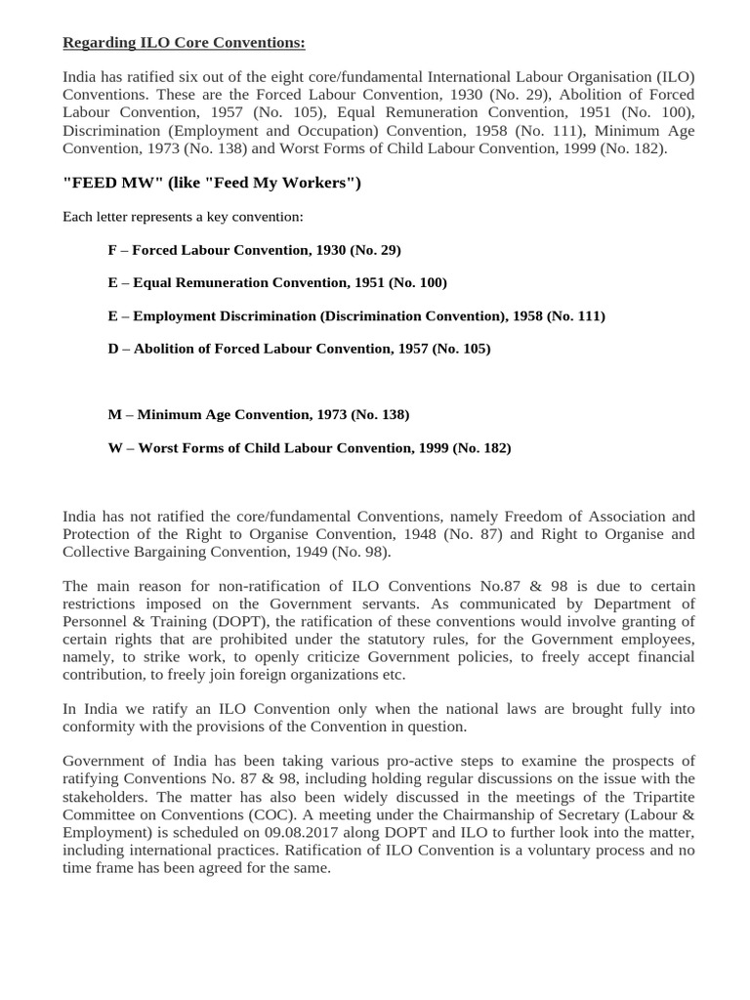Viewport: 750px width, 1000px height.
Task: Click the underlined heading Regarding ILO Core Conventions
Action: (184, 42)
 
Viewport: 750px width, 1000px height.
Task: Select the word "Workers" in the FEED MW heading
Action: (312, 183)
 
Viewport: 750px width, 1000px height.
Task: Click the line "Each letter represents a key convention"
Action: (183, 216)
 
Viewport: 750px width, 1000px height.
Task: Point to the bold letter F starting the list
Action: (112, 250)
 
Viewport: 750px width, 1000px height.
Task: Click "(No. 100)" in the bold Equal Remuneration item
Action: (417, 283)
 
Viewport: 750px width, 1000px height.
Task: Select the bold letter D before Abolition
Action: (113, 349)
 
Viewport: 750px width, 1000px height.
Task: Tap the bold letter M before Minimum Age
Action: (114, 415)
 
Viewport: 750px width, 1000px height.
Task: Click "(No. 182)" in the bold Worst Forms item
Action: (481, 448)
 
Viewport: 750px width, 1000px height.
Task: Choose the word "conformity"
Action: (101, 727)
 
